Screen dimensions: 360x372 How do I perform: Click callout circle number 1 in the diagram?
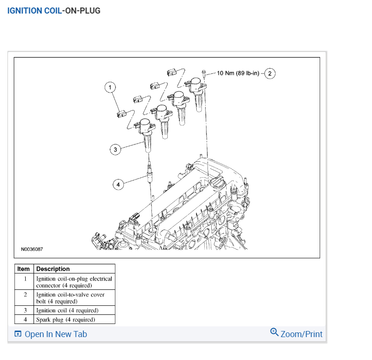tap(110, 86)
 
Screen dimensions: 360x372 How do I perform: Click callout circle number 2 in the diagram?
tap(270, 73)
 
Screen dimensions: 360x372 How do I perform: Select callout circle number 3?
tap(115, 150)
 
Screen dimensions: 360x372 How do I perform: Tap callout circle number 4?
tap(118, 185)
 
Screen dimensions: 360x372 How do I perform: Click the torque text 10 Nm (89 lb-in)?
tap(238, 73)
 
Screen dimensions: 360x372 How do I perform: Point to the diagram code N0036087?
tap(32, 249)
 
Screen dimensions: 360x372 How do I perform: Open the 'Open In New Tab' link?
tap(55, 334)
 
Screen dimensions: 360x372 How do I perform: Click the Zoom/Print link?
tap(301, 334)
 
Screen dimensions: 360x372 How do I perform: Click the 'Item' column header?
tap(23, 269)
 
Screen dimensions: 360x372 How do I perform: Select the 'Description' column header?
tap(53, 269)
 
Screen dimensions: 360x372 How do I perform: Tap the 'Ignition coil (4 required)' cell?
tap(67, 310)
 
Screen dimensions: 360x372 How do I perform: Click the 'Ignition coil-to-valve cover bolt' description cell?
tap(70, 298)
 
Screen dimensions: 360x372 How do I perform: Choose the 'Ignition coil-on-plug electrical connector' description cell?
tap(74, 281)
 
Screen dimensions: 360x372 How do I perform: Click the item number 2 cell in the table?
tap(25, 295)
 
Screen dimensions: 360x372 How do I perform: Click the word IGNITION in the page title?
tap(25, 10)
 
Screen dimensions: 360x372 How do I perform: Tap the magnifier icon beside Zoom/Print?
tap(274, 332)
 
